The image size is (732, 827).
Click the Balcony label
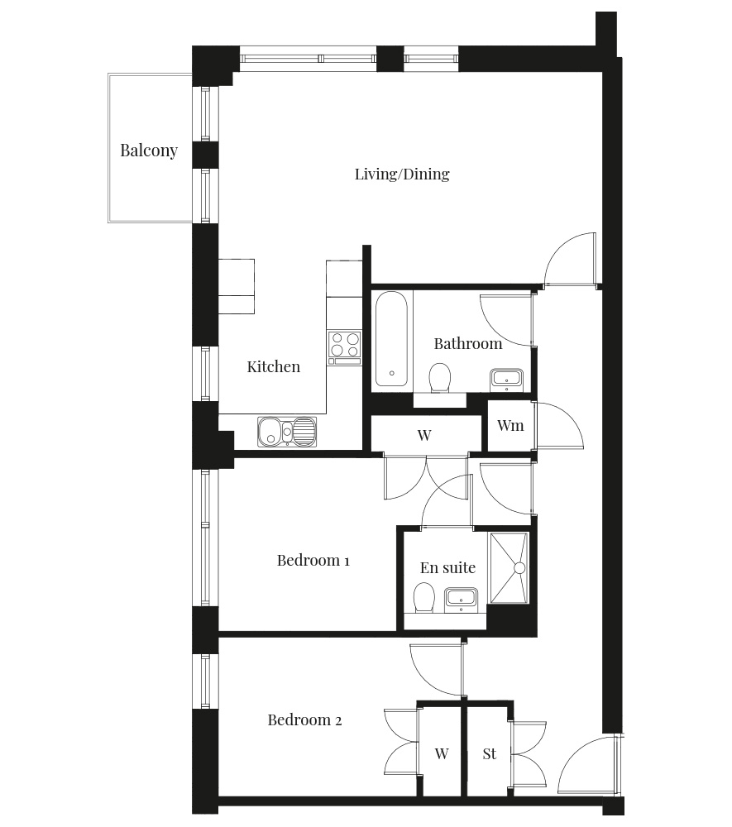pos(149,151)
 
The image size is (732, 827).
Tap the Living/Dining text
pos(402,174)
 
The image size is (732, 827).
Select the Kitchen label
pos(273,366)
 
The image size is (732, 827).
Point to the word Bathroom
pos(468,344)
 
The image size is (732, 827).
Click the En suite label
pos(447,567)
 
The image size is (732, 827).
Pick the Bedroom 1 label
pos(313,560)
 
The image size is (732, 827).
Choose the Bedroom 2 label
pos(304,720)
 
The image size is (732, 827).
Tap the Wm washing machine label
pos(510,426)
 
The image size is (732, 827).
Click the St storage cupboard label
pos(490,753)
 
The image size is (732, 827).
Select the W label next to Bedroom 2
pos(442,753)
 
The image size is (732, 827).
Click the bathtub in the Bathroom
pos(391,338)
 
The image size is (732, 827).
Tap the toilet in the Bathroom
pos(440,378)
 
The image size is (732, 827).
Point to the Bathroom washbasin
pos(507,379)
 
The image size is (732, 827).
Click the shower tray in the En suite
pos(509,567)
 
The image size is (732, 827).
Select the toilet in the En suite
pos(423,598)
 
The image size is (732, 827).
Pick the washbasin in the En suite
pos(461,599)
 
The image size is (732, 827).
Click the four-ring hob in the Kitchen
pos(344,347)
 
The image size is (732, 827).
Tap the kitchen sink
pos(287,432)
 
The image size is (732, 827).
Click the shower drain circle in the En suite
pos(519,568)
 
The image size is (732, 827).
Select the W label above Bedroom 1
pos(424,435)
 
